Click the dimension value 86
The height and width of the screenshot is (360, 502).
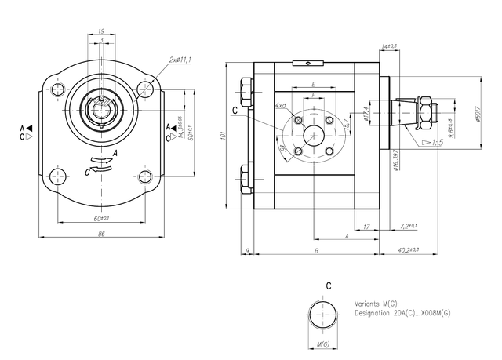(x=101, y=234)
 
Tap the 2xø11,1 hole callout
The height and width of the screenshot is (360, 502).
(x=183, y=60)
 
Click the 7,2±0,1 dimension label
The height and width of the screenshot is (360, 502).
(x=408, y=226)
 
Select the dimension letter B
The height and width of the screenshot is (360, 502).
(x=315, y=250)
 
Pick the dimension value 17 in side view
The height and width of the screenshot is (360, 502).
(x=367, y=227)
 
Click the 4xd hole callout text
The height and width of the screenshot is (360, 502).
(x=280, y=104)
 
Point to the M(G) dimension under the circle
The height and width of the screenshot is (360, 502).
(x=322, y=344)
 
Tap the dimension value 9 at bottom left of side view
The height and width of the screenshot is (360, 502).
(x=247, y=250)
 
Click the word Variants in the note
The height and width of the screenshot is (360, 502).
(x=368, y=303)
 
